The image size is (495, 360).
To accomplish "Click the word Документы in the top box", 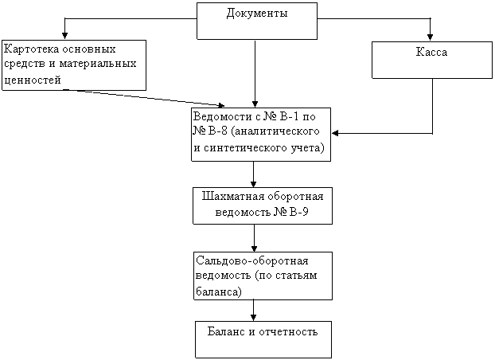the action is pyautogui.click(x=257, y=14).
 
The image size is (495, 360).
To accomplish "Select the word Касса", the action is pyautogui.click(x=431, y=52).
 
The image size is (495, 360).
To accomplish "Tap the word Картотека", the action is pyautogui.click(x=32, y=49).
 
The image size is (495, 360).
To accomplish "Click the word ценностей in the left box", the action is pyautogui.click(x=33, y=80).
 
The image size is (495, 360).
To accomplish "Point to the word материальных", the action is pyautogui.click(x=98, y=64).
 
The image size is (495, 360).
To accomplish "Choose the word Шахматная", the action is pyautogui.click(x=233, y=197).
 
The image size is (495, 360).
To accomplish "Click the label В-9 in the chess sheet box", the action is pyautogui.click(x=298, y=212).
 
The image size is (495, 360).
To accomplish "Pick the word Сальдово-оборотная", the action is pyautogui.click(x=252, y=261).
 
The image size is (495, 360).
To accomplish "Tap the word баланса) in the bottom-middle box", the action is pyautogui.click(x=219, y=291).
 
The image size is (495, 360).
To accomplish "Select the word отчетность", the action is pyautogui.click(x=288, y=332).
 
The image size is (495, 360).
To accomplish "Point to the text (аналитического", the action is pyautogui.click(x=275, y=131).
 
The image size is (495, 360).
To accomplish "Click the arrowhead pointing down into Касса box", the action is pyautogui.click(x=430, y=37).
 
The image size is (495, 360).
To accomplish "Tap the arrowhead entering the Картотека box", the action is pyautogui.click(x=64, y=35).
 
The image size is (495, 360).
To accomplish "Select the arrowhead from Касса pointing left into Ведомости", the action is pyautogui.click(x=335, y=133).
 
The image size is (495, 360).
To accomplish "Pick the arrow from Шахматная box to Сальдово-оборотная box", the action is pyautogui.click(x=254, y=238).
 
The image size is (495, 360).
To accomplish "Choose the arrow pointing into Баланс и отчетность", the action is pyautogui.click(x=253, y=311).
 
